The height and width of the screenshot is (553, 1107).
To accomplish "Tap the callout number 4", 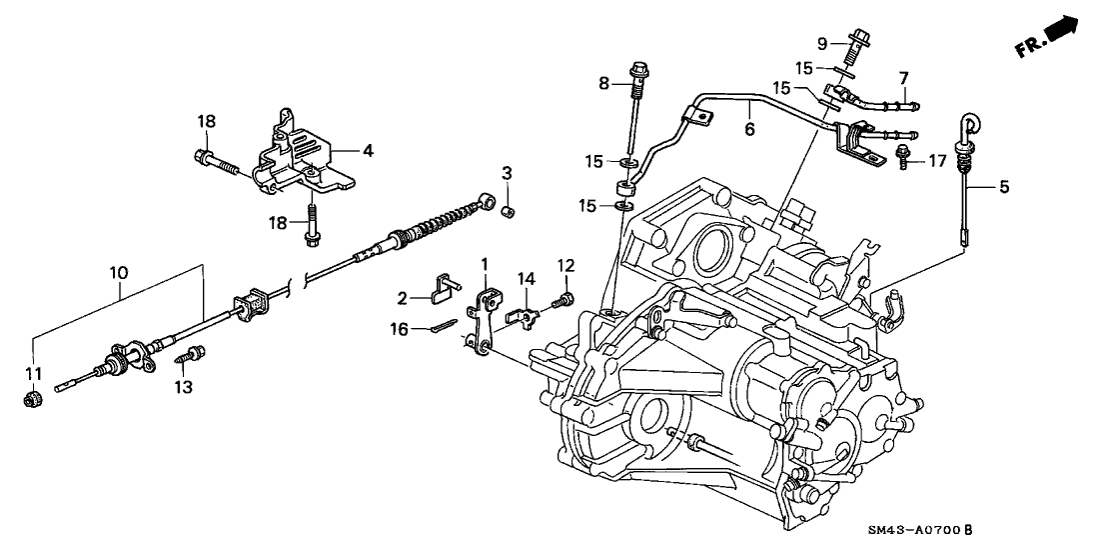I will coord(368,151).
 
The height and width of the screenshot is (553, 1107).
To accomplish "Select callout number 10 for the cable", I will coord(119,271).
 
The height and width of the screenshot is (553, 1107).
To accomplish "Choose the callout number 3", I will coord(507,175).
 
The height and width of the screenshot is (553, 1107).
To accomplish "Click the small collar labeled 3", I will coord(507,210).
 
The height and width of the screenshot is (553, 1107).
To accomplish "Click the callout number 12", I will coord(565,266).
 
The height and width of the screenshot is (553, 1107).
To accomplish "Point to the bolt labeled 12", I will coord(565,299).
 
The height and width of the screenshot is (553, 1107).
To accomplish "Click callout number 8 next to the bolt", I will coord(603,84).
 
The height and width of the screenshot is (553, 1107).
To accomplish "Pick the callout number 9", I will coord(822,43).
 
